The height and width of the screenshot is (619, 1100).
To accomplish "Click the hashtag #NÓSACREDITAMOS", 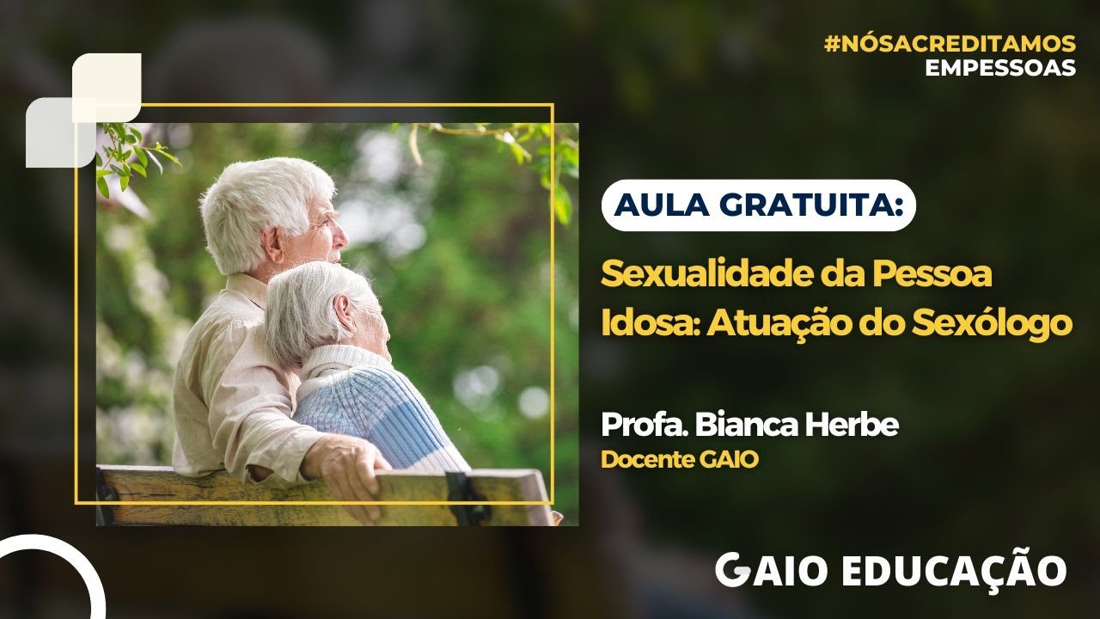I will click(x=950, y=44).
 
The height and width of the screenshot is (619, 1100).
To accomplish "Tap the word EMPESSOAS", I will click(x=1000, y=68).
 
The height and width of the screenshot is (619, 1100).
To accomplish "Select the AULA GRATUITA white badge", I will click(x=759, y=205).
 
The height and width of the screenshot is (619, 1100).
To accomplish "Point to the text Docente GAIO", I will click(x=679, y=460).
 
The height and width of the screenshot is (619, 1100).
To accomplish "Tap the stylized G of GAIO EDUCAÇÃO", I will click(x=730, y=571).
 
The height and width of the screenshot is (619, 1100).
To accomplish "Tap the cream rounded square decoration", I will click(x=107, y=86).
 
